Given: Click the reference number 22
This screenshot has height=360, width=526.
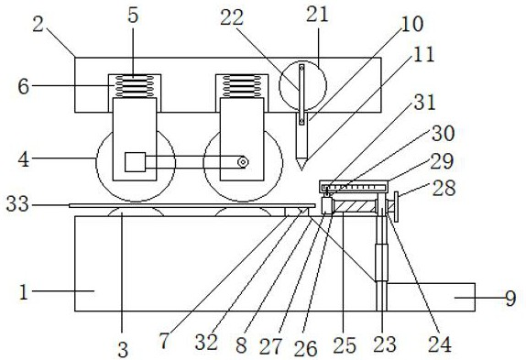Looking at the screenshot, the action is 232,17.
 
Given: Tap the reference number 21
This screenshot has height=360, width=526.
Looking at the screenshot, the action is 317,15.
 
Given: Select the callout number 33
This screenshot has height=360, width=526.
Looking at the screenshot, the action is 17,204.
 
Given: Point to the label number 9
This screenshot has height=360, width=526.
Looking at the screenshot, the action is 510,298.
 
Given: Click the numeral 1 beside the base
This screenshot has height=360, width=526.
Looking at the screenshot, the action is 24,292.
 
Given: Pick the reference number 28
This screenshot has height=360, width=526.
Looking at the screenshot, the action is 444,188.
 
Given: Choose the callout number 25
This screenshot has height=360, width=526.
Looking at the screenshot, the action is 345,345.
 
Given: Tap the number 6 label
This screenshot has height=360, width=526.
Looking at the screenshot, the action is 24,86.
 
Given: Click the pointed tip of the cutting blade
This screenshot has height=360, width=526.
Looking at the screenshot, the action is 301,170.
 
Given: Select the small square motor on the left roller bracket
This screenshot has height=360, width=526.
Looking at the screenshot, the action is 136,162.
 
